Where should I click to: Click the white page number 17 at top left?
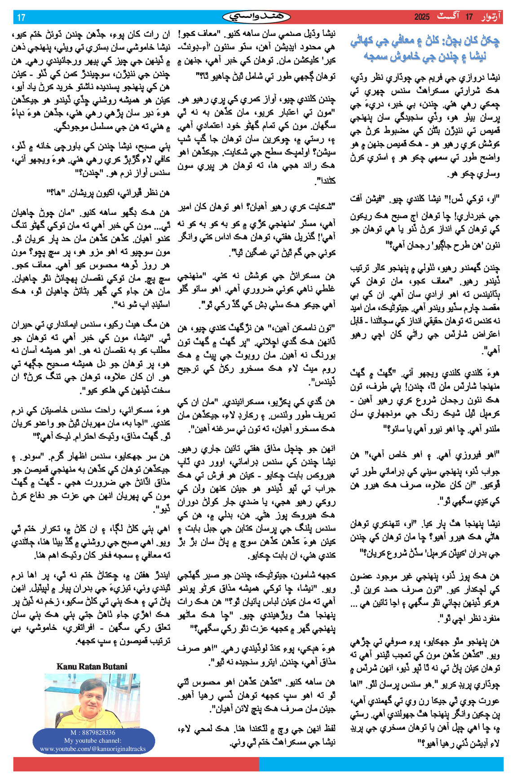click(x=21, y=18)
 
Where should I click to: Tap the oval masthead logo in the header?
click(x=256, y=17)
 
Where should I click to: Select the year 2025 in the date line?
click(x=422, y=17)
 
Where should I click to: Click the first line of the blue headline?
click(x=425, y=42)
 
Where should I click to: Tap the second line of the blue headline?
click(x=425, y=56)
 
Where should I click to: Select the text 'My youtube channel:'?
click(x=93, y=740)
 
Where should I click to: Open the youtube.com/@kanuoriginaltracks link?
click(x=93, y=748)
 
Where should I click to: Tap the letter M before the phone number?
click(x=72, y=733)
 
